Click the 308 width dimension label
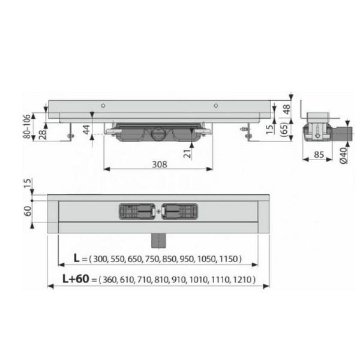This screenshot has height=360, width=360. (158, 163)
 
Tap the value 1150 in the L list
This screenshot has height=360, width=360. (227, 259)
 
